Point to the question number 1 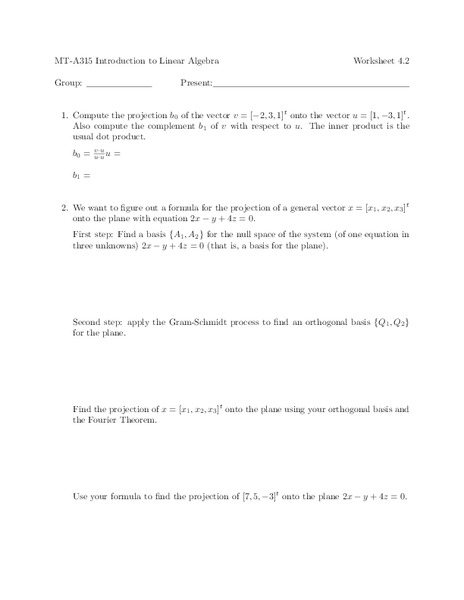tap(64, 115)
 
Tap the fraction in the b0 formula tap(98, 155)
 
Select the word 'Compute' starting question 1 tap(94, 115)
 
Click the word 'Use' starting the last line tap(83, 497)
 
